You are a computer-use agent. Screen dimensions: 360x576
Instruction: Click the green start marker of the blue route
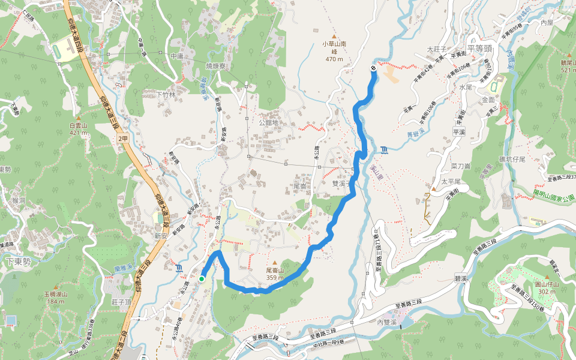(202, 278)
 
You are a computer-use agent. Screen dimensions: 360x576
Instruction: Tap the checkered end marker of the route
(373, 68)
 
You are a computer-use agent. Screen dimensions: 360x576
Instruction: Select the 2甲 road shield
(123, 139)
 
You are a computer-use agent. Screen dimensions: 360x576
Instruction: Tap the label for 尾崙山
(275, 271)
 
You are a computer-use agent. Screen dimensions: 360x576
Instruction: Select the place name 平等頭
(479, 47)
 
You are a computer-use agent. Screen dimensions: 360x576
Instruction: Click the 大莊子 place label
(437, 49)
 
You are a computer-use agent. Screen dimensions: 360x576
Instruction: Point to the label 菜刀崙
(460, 166)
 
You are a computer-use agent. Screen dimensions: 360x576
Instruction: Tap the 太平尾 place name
(450, 181)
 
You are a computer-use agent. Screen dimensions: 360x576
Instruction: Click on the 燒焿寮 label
(217, 65)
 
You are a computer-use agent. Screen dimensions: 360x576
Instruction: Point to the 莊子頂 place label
(121, 302)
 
